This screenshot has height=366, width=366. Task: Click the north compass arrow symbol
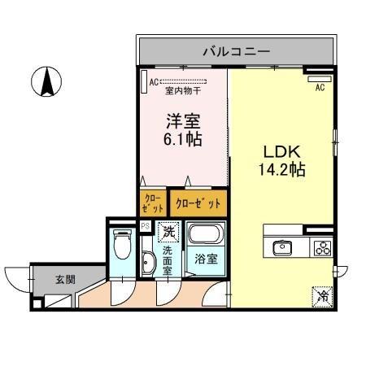coord(48,82)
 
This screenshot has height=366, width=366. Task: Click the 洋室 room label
coord(183,120)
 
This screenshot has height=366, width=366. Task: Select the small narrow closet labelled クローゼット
coord(152,202)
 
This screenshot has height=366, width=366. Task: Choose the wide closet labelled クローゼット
coord(198,202)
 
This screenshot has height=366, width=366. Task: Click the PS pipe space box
coord(145,226)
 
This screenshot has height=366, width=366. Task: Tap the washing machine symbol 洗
coord(168,232)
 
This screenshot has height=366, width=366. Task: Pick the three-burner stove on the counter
coord(320,248)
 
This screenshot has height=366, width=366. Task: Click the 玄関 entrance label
coord(65,279)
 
